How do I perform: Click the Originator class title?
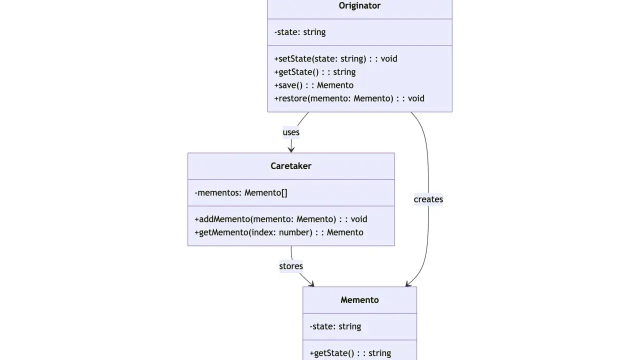pos(359,5)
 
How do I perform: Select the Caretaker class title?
pos(291,166)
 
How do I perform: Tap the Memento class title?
pos(359,300)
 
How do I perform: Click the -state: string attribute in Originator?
pos(299,32)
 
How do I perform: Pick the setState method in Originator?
pos(335,58)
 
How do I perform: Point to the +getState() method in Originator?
pos(314,72)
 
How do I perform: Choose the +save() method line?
pos(313,85)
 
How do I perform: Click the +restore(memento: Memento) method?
pos(349,98)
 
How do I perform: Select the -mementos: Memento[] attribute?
pos(241,193)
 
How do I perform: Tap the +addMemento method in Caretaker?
pos(280,219)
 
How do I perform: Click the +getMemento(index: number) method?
pos(279,232)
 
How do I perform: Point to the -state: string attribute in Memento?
pos(335,326)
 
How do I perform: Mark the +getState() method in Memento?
pos(350,353)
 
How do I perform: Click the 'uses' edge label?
pos(291,132)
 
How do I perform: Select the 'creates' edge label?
pos(428,199)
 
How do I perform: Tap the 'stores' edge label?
pos(291,266)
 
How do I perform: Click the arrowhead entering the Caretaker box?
pos(291,149)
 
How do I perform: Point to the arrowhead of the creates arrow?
pos(408,283)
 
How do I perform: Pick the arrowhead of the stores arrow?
pos(311,283)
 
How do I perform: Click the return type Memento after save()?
pos(335,85)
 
